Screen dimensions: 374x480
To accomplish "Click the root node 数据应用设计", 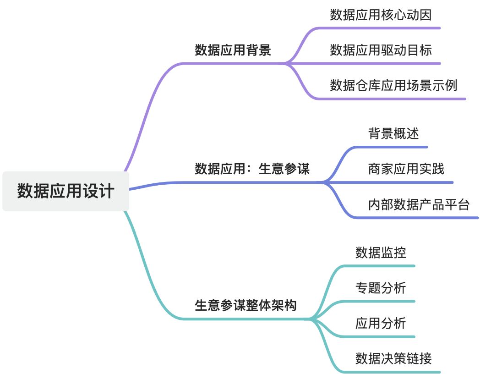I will pyautogui.click(x=65, y=191).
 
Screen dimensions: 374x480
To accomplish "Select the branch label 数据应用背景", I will pyautogui.click(x=233, y=50).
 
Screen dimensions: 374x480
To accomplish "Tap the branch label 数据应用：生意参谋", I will pyautogui.click(x=252, y=169).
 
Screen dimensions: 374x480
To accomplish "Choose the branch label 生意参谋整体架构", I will pyautogui.click(x=245, y=305).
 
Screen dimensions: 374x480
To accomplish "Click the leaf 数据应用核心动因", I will pyautogui.click(x=381, y=15).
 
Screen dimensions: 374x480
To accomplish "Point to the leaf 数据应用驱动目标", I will pyautogui.click(x=381, y=50).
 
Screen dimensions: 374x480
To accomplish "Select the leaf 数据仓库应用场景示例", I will pyautogui.click(x=393, y=85).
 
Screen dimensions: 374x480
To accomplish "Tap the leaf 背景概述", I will pyautogui.click(x=393, y=134).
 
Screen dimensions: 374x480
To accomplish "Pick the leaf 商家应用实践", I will pyautogui.click(x=406, y=169).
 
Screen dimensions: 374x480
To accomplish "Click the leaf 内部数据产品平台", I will pyautogui.click(x=419, y=204).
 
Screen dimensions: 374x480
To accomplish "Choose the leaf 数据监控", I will pyautogui.click(x=381, y=253).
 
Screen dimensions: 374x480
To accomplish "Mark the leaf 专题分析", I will pyautogui.click(x=381, y=288).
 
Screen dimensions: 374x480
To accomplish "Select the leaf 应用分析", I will pyautogui.click(x=381, y=323).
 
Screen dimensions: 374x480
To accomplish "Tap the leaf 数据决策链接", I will pyautogui.click(x=393, y=358).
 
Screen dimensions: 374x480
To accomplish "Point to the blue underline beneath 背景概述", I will pyautogui.click(x=394, y=147).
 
